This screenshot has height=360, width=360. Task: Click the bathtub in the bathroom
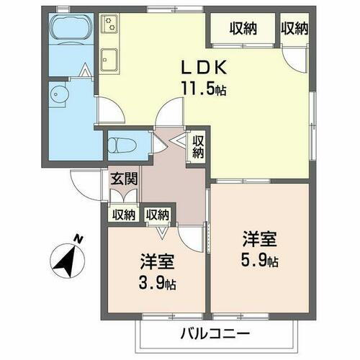point(70,31)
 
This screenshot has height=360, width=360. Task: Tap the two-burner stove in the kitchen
point(110,27)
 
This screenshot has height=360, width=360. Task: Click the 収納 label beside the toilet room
point(198,148)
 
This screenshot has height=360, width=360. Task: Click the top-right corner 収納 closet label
point(294,29)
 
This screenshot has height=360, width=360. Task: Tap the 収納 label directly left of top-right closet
point(243,29)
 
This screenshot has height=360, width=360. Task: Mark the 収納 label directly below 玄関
point(123,214)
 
